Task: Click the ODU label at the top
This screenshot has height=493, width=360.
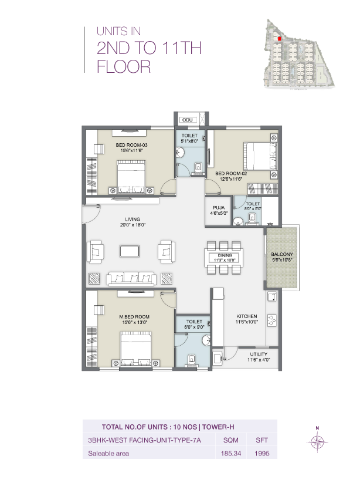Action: click(188, 120)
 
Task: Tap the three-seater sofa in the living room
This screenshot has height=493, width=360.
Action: click(130, 278)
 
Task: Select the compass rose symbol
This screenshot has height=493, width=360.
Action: click(317, 442)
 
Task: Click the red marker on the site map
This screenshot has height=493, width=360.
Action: click(280, 39)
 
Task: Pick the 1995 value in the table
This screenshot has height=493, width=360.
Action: click(261, 454)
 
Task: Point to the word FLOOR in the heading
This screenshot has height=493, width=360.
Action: click(123, 66)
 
